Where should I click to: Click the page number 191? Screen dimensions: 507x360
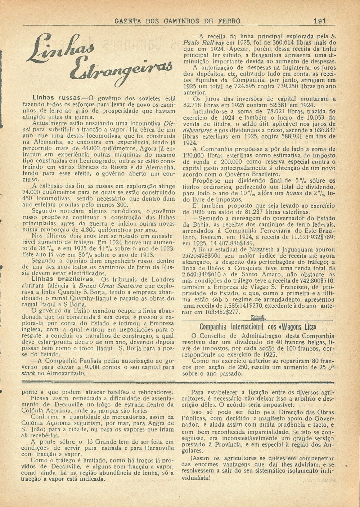coord(320,21)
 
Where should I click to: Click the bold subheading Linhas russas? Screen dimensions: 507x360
coord(54,97)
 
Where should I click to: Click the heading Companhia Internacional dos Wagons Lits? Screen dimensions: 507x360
coord(258,327)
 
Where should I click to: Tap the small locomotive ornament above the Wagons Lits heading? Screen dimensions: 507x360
coord(258,318)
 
